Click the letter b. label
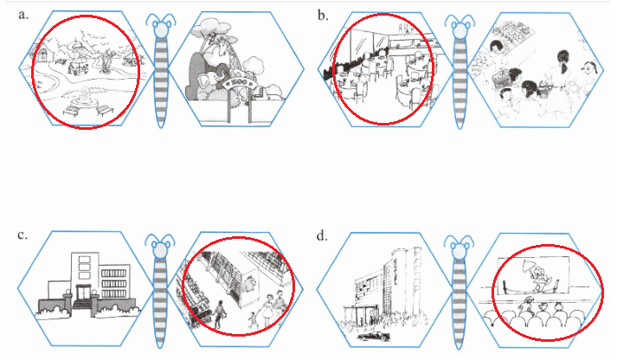pos(323,15)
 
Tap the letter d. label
pos(323,235)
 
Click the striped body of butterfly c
pos(162,294)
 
